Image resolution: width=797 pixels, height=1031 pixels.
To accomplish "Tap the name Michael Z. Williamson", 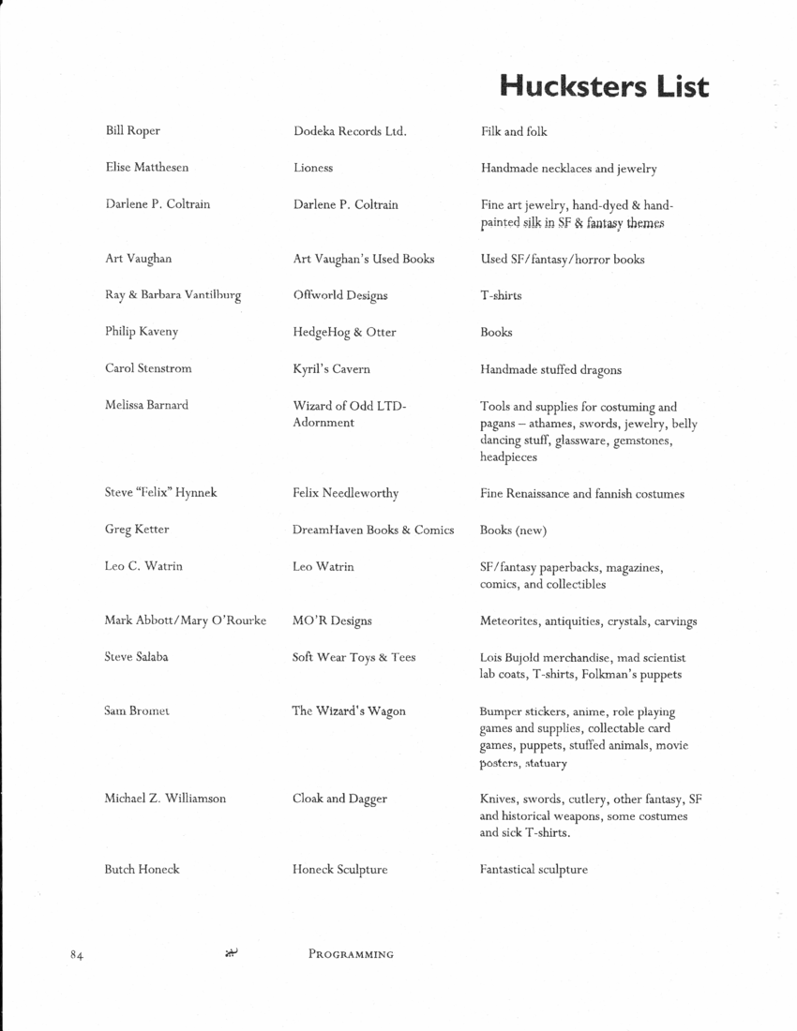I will point(166,799).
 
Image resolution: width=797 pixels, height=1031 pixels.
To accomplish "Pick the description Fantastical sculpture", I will point(534,870).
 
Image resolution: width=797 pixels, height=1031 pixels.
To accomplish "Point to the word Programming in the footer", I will point(351,955).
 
